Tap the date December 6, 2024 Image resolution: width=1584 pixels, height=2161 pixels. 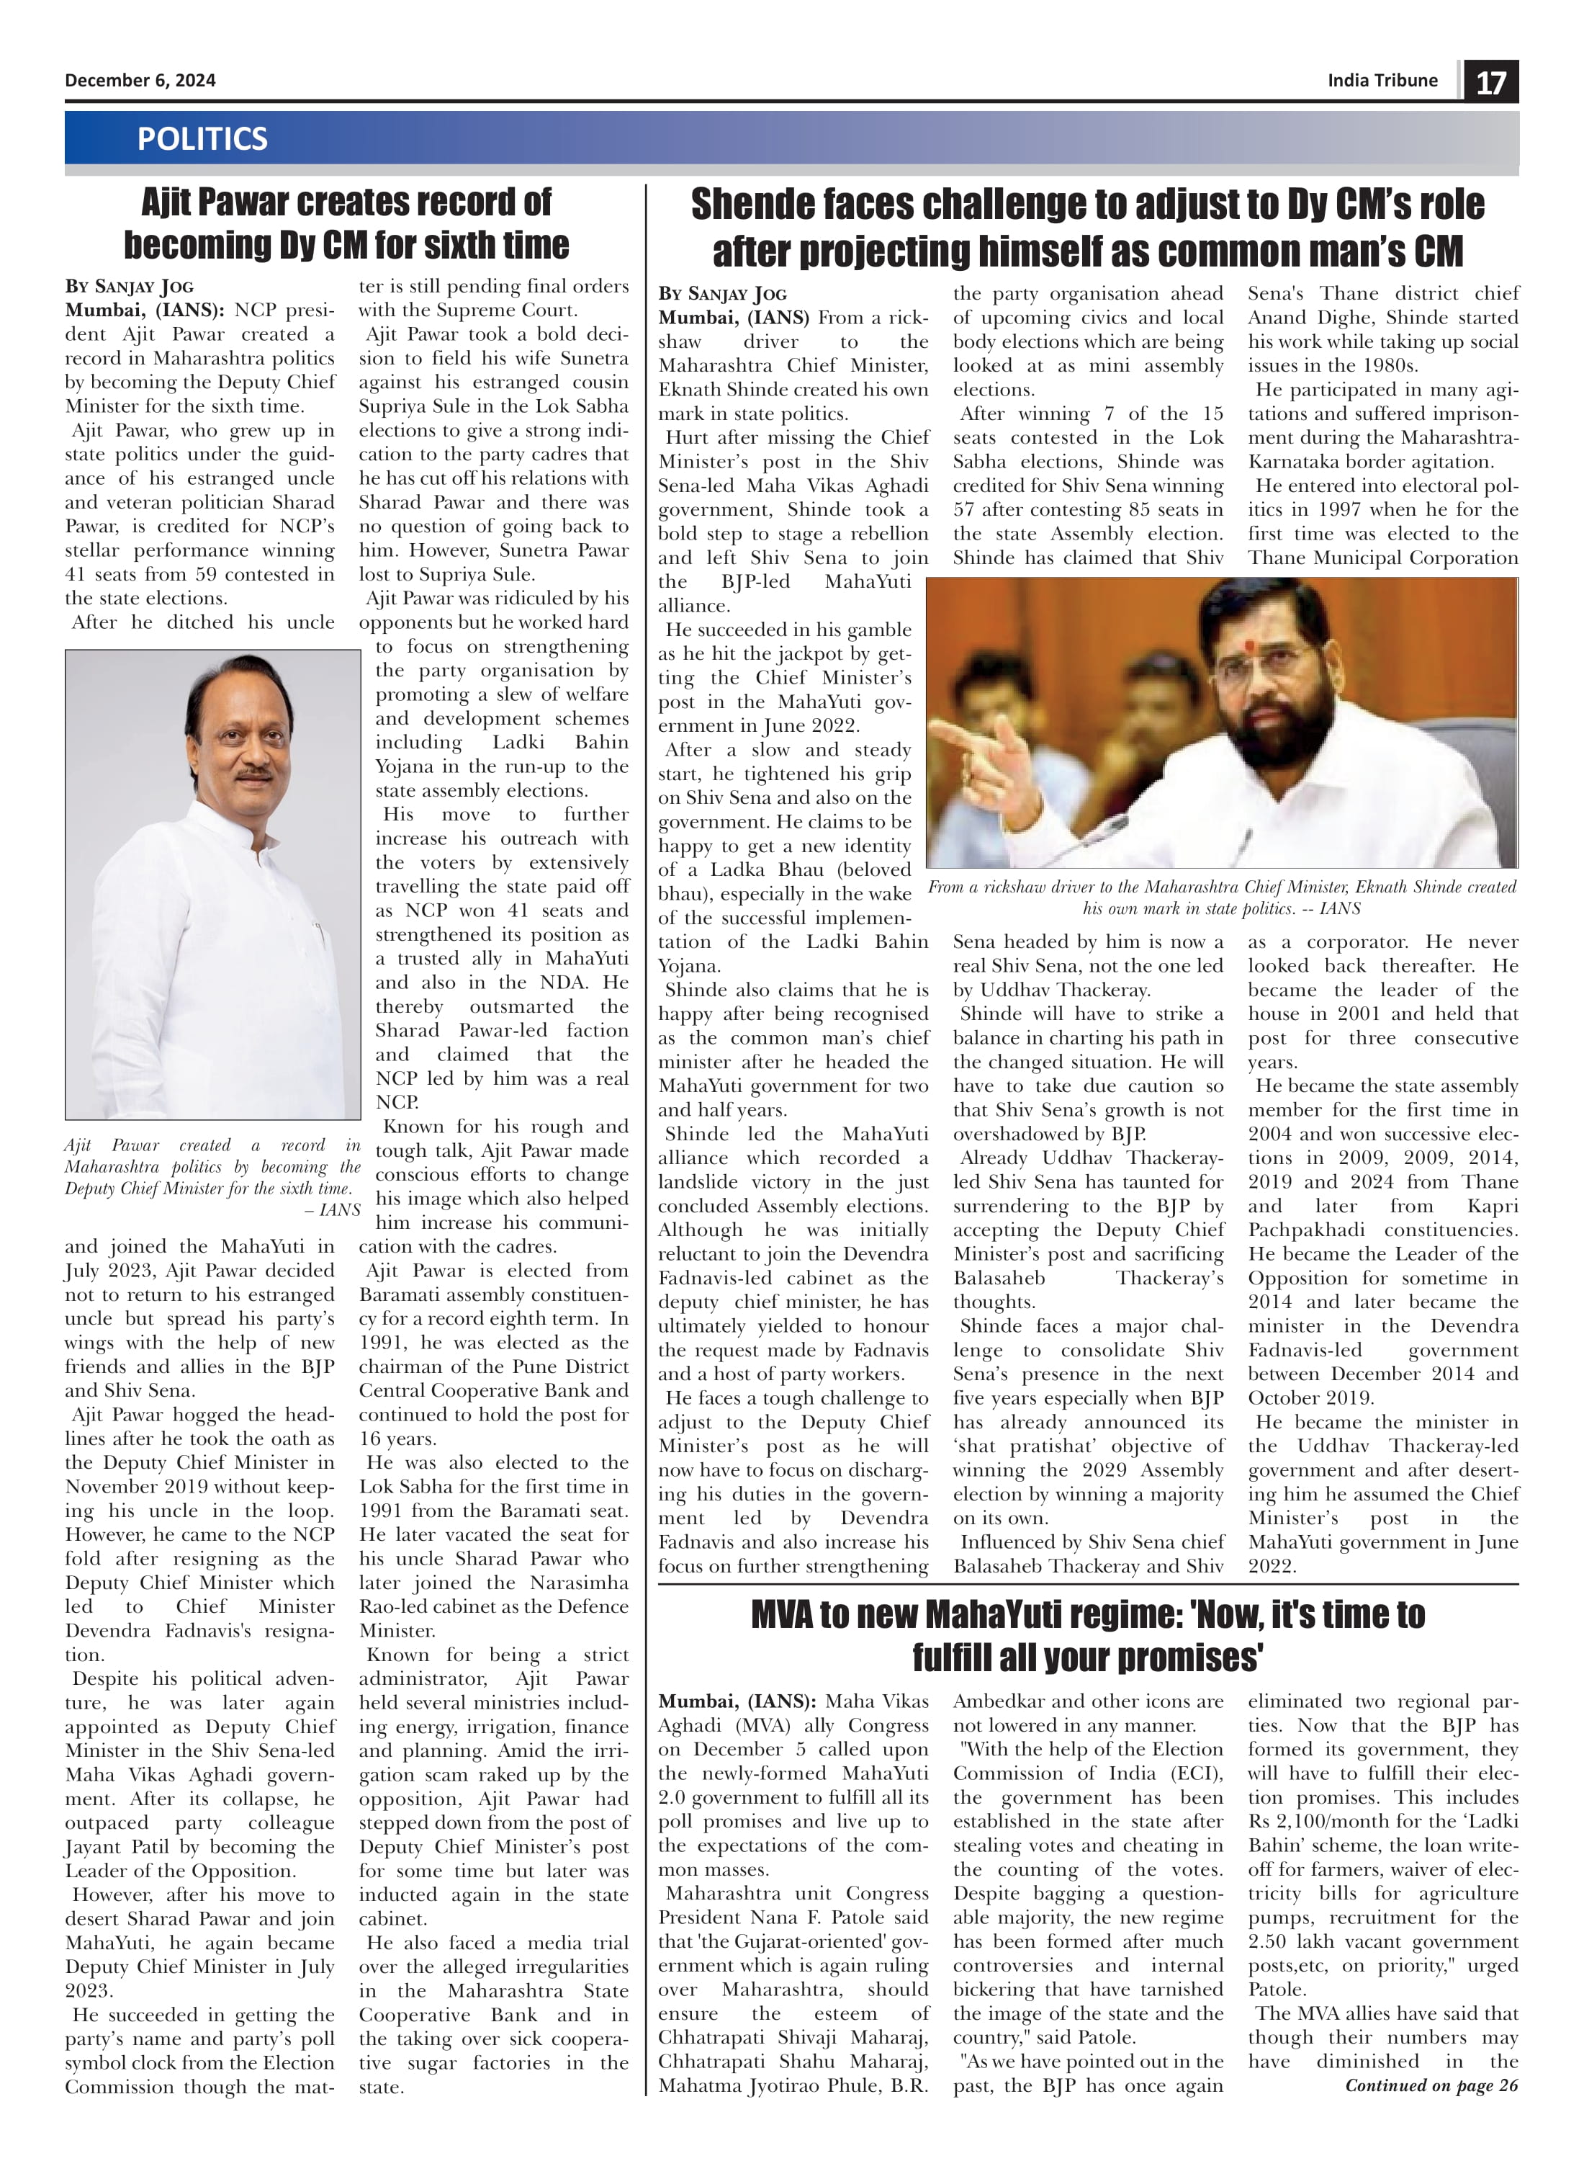(140, 81)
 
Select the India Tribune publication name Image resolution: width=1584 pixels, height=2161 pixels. (1382, 81)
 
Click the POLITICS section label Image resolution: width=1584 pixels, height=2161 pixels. (202, 139)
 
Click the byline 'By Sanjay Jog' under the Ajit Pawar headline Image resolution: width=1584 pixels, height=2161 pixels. (130, 287)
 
